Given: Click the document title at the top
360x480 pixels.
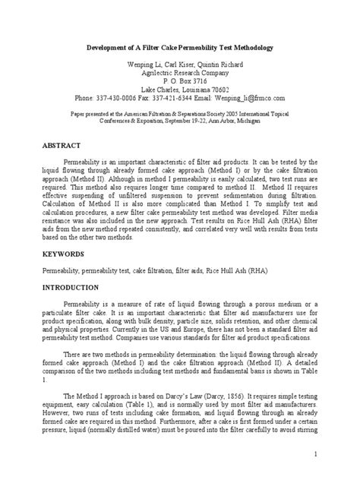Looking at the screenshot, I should (179, 47).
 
